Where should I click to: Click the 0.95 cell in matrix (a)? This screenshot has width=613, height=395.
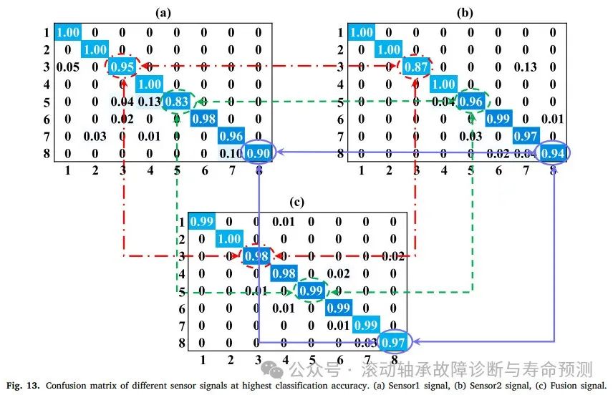click(123, 67)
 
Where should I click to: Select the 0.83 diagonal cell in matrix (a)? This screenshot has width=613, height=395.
click(178, 101)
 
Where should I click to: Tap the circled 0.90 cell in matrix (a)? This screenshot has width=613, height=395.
click(259, 152)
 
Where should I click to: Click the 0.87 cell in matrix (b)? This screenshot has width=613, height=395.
click(416, 67)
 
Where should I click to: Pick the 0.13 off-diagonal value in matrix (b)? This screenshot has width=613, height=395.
click(525, 67)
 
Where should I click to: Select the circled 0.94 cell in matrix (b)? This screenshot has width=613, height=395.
click(552, 152)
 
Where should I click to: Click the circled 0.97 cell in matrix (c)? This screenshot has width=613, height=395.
click(392, 342)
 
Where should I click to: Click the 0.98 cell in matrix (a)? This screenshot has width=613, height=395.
click(205, 118)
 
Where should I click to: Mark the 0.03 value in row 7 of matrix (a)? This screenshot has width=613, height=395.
click(96, 135)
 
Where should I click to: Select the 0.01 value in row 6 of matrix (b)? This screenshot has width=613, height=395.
click(552, 118)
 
